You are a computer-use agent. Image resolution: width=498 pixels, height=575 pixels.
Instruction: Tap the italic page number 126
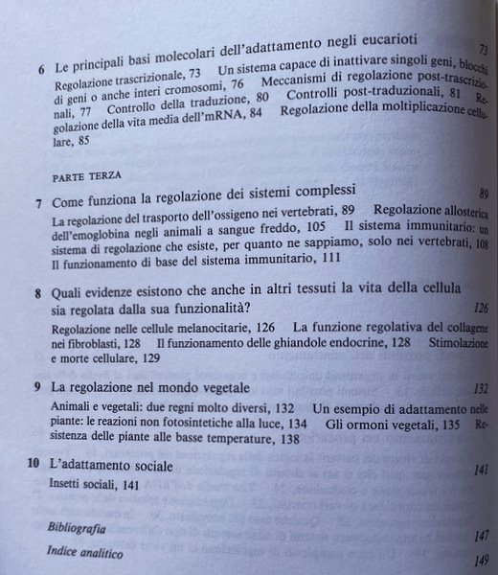476,308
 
